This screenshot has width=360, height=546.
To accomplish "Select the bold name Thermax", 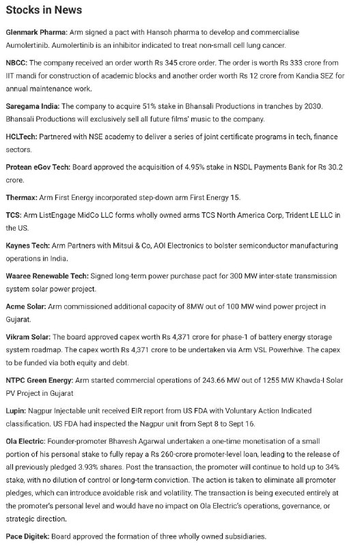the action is pos(22,197).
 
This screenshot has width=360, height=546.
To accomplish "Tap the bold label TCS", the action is pos(13,215).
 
